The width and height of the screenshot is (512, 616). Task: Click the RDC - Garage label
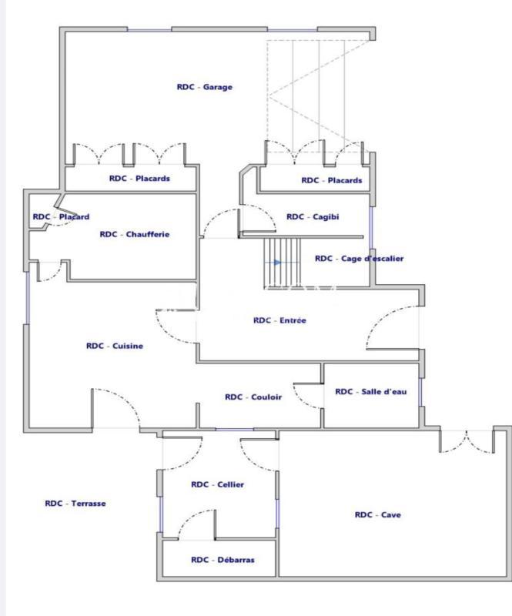[x=204, y=87]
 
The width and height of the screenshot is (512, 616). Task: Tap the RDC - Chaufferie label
[x=135, y=234]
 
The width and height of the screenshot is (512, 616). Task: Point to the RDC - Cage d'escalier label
[x=359, y=259]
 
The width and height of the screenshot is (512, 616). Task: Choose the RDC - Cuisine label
[x=115, y=346]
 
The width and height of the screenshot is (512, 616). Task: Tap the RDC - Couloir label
[x=253, y=397]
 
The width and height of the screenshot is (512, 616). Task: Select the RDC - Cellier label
[x=217, y=484]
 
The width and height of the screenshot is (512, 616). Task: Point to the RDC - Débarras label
[x=223, y=560]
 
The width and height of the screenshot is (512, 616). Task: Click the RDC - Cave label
[x=377, y=515]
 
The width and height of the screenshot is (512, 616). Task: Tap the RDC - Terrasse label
[x=75, y=503]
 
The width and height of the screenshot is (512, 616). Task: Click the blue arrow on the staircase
[x=277, y=262]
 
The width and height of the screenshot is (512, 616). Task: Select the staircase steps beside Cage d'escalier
[x=283, y=262]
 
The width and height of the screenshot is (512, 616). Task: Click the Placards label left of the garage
[x=139, y=179]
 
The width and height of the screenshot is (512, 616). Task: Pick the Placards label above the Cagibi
[x=331, y=181]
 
